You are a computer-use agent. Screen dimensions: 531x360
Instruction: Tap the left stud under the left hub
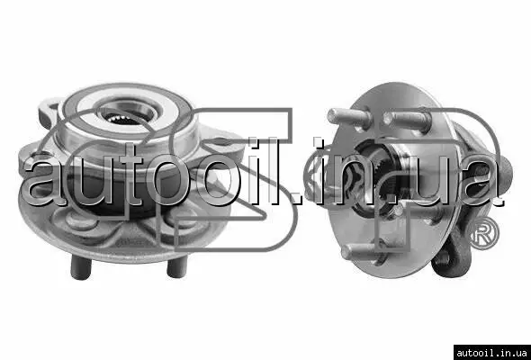(x=81, y=267)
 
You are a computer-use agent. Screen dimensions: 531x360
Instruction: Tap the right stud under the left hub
(x=177, y=266)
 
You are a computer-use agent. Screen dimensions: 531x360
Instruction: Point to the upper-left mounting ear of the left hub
(x=49, y=112)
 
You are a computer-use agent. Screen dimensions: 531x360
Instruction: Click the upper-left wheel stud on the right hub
(x=349, y=117)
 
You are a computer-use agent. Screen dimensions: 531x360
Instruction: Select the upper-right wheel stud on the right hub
(x=407, y=121)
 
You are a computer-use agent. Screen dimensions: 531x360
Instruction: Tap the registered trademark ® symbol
(x=482, y=234)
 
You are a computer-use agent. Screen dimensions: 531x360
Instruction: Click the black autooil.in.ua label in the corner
(x=492, y=353)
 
